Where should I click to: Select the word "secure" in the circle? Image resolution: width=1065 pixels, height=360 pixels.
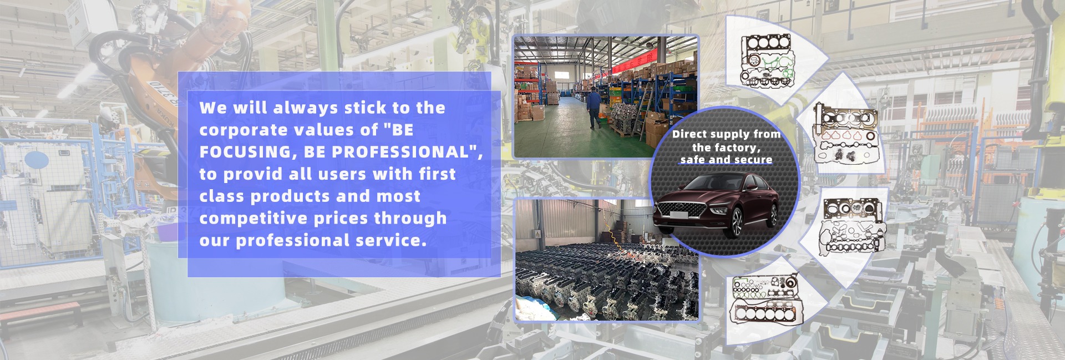click(753, 160)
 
